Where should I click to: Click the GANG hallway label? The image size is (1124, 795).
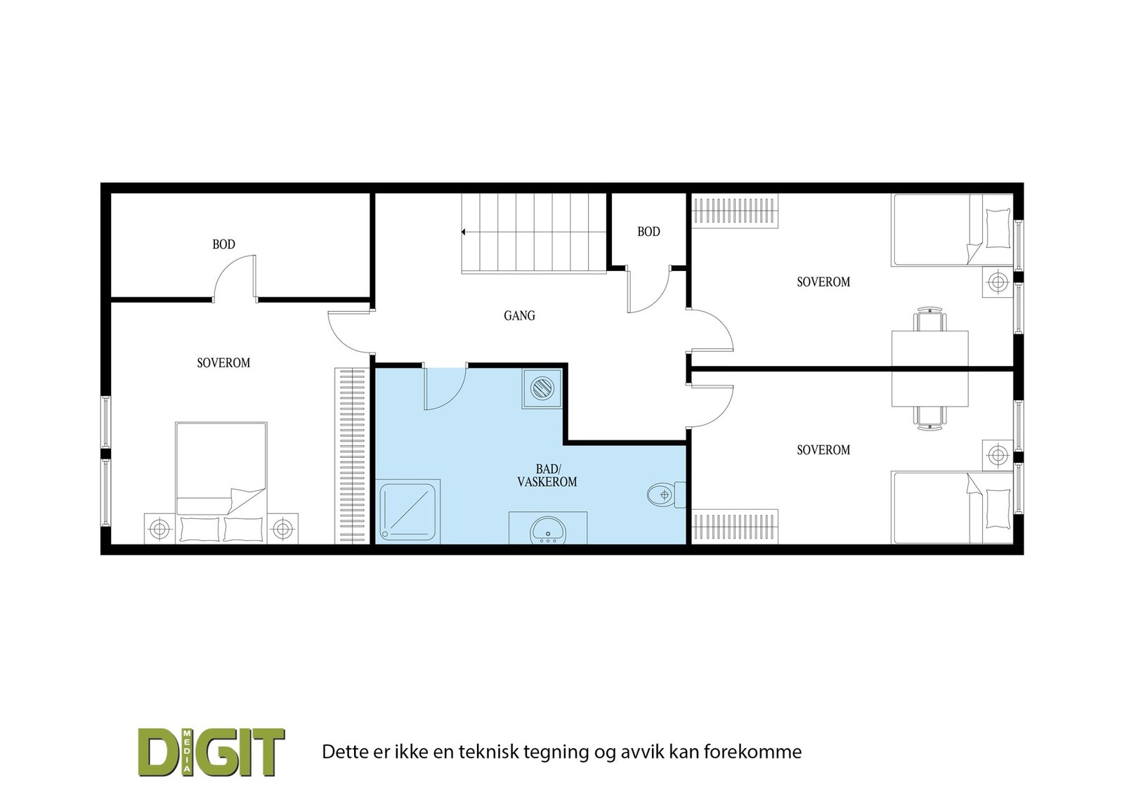pos(519,316)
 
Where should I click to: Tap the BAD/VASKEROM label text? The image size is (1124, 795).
pos(547,475)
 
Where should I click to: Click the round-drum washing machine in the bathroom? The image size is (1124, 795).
pos(542,388)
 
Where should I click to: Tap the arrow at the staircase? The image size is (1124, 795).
pos(464,232)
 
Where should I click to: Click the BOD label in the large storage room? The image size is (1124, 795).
pos(223,244)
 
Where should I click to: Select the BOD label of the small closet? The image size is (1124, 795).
pos(648,232)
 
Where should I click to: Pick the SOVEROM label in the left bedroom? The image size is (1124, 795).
pos(223,363)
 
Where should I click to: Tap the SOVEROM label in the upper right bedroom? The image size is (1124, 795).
pos(823,282)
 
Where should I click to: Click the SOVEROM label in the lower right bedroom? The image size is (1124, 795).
pos(823,450)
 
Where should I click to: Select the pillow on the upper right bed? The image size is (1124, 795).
pos(997,228)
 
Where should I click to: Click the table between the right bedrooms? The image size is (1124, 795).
pos(929,369)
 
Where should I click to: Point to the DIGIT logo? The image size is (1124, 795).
pos(211,752)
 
